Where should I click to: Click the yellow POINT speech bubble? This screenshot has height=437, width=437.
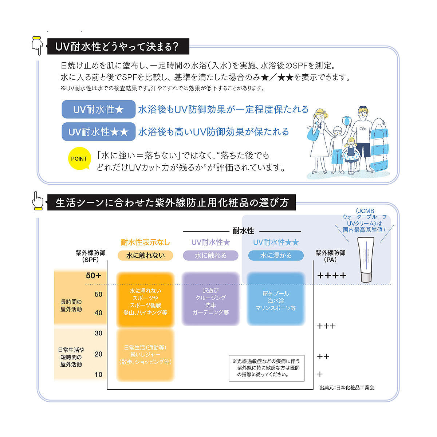pos(79,158)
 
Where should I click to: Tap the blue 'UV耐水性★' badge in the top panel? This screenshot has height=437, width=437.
pos(98,109)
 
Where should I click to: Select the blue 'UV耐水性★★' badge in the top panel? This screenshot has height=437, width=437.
pos(98,131)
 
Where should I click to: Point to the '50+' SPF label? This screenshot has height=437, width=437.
pos(94,276)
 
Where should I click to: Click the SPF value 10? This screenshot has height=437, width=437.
pos(98,374)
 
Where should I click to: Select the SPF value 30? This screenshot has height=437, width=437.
pos(98,333)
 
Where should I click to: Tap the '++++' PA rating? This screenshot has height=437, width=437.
pos(331,276)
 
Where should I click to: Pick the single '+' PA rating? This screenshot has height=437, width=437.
pos(320,374)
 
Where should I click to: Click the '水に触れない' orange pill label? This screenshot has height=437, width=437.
pos(145,256)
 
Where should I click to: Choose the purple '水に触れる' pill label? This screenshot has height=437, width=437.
pos(210,256)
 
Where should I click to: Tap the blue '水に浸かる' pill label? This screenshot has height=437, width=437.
pos(276,256)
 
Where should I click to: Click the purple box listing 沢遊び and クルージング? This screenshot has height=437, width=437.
pos(210,299)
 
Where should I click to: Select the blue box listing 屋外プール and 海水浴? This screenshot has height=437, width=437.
pos(276,299)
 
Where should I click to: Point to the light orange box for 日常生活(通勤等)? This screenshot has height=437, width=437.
pos(145,355)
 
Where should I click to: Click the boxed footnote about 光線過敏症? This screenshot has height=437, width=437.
pos(266,368)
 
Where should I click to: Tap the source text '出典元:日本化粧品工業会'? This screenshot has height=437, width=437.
pos(347,387)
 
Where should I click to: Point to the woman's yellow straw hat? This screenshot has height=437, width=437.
pos(320,113)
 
